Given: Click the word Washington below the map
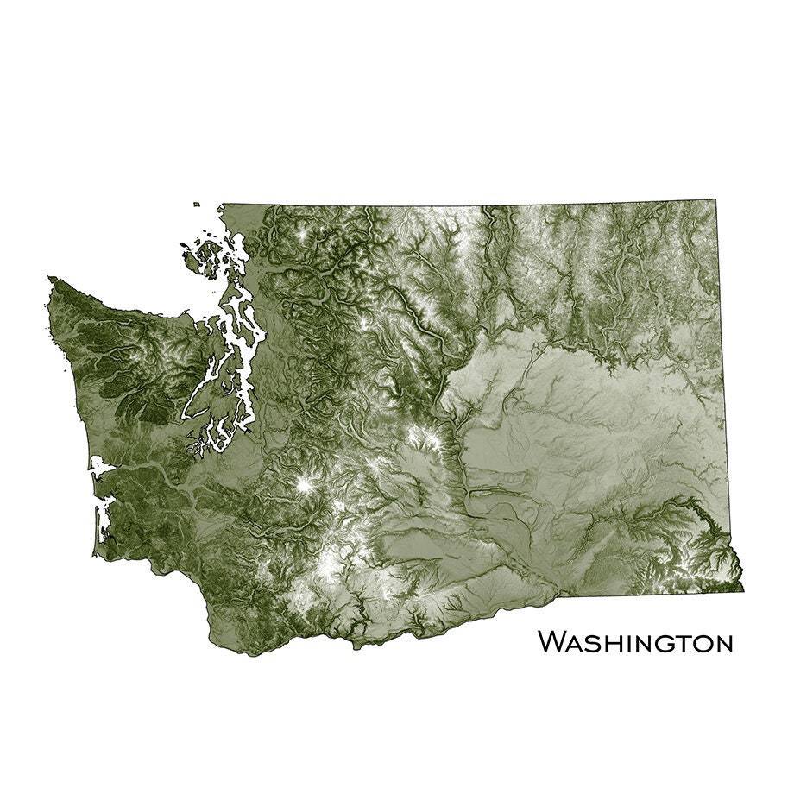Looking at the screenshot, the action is pos(636,643).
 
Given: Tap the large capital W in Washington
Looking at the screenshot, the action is pos(553,642).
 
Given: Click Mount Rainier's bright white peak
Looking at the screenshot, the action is pos(304,486).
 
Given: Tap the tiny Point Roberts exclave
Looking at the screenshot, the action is pos(197,205).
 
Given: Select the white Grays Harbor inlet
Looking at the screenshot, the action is pos(100,468).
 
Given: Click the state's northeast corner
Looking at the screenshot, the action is pos(715,201).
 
